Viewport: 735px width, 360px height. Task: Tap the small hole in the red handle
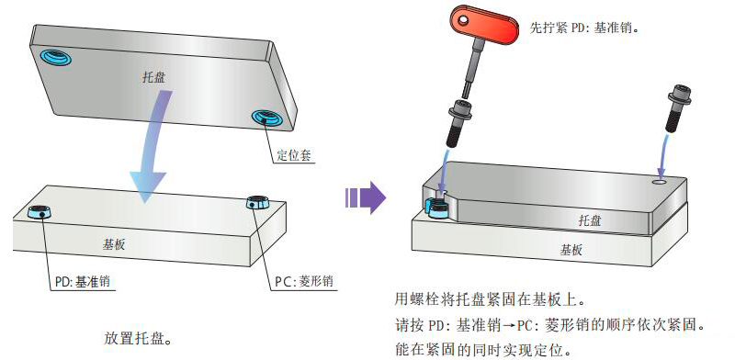tap(464, 19)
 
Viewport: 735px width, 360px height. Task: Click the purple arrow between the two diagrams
tap(366, 197)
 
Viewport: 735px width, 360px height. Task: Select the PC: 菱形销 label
tap(304, 282)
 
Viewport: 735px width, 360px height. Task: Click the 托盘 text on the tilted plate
tap(153, 77)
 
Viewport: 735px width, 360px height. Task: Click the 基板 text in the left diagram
tap(114, 244)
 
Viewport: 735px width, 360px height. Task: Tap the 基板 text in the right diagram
tap(571, 251)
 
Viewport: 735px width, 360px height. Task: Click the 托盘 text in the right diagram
tap(590, 220)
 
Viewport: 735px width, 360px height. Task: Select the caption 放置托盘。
tap(137, 339)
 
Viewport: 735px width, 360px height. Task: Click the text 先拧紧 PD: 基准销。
tap(585, 28)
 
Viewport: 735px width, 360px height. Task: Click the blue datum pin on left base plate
tap(40, 212)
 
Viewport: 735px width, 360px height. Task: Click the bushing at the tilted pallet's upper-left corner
tap(55, 56)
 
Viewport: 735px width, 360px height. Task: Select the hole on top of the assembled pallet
tap(661, 181)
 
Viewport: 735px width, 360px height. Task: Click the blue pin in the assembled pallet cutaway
tap(437, 208)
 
